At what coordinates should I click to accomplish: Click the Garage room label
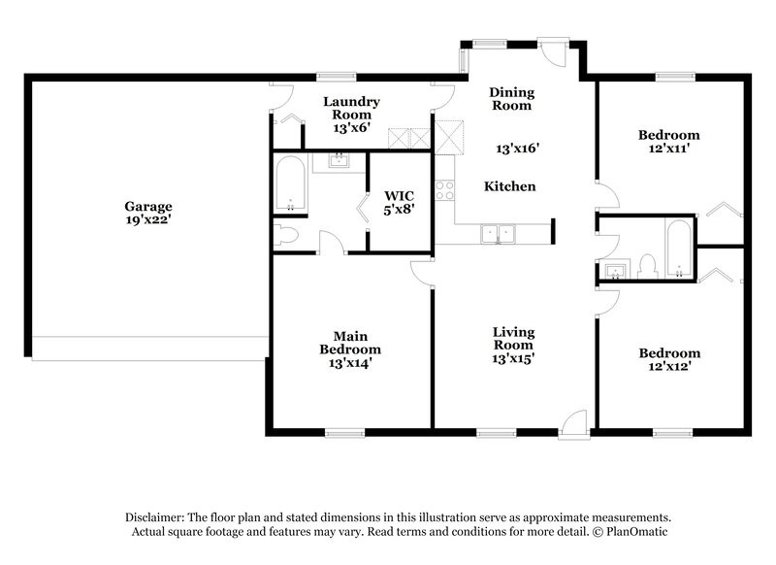[x=148, y=206]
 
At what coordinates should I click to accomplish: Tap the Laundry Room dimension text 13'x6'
[x=351, y=127]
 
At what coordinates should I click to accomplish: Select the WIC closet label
[x=399, y=195]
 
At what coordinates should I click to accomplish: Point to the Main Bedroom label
[x=350, y=343]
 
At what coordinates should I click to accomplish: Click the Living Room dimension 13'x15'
[x=514, y=358]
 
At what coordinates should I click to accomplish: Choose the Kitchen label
[x=510, y=186]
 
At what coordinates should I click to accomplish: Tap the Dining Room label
[x=513, y=99]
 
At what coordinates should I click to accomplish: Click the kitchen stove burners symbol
[x=445, y=190]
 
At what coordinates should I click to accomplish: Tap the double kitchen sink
[x=501, y=232]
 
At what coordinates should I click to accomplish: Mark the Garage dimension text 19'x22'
[x=148, y=220]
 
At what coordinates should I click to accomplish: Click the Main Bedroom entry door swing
[x=421, y=271]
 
